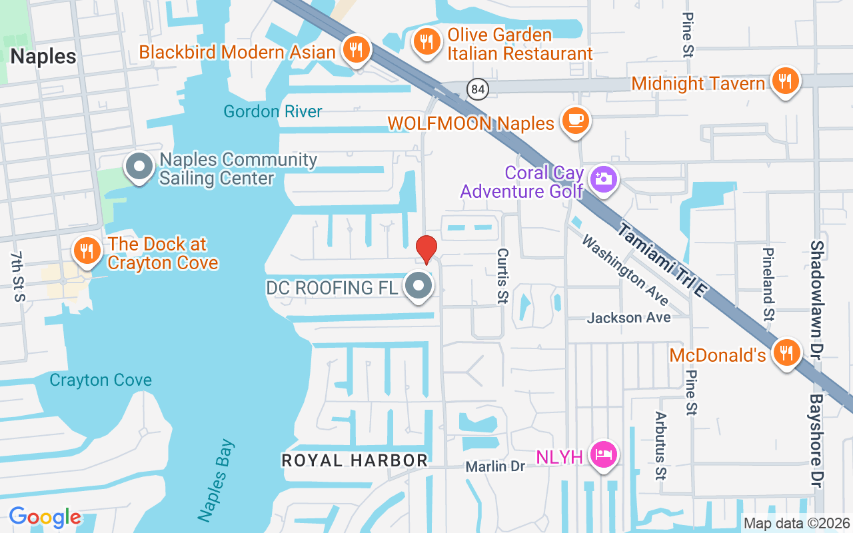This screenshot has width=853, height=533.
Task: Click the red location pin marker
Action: click(x=426, y=249)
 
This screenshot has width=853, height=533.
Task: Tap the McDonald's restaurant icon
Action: click(x=786, y=353)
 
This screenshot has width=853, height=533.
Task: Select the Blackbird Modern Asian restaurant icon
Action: click(x=357, y=49)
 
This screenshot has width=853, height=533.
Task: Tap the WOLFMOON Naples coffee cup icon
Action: click(x=575, y=121)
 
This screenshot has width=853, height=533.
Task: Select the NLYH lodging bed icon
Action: click(x=604, y=456)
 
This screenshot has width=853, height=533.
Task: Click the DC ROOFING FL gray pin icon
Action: click(x=419, y=286)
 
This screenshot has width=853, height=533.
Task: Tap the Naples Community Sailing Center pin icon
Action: click(x=139, y=167)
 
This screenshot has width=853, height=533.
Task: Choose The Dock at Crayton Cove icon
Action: click(x=87, y=251)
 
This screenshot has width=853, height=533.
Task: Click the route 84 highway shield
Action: click(x=478, y=89)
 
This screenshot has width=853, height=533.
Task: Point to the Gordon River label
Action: click(x=273, y=111)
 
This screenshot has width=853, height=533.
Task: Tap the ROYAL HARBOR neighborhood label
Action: click(x=355, y=460)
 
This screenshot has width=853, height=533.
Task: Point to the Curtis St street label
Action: click(x=502, y=276)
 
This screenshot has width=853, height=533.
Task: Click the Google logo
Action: click(x=45, y=517)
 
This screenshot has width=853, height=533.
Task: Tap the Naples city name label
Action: click(x=43, y=56)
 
